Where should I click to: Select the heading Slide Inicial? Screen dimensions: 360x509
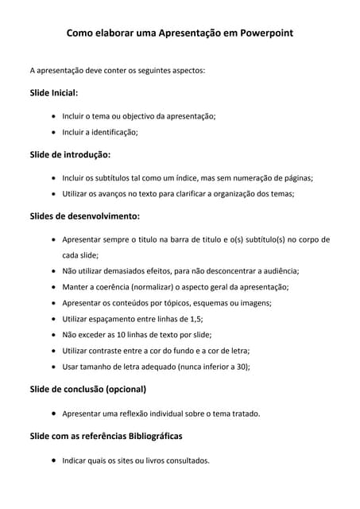pos(53,93)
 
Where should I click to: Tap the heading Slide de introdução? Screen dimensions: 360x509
pos(70,154)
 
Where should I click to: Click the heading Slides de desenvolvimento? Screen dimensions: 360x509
pos(84,216)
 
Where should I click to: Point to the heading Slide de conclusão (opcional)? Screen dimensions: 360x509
pos(87,390)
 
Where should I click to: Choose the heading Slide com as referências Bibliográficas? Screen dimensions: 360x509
pos(106,437)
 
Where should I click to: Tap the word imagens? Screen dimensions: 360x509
pos(251,303)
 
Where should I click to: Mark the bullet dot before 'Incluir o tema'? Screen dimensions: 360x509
pos(52,116)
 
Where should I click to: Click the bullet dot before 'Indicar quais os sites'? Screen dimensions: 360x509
pos(52,460)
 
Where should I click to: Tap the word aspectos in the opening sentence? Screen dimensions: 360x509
pos(185,70)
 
